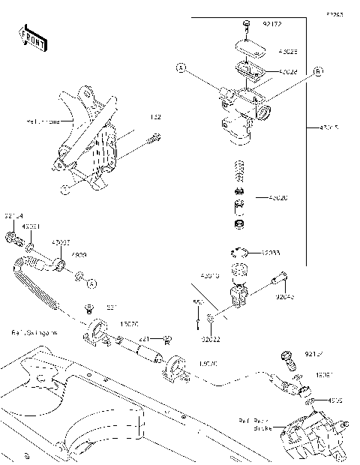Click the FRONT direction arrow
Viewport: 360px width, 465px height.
click(x=32, y=37)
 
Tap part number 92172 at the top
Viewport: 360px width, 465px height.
click(x=272, y=25)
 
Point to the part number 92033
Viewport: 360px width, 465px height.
click(x=272, y=253)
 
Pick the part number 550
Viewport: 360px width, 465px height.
click(x=196, y=303)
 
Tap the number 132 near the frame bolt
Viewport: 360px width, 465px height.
click(x=155, y=118)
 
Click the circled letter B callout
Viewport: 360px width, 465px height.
click(x=317, y=71)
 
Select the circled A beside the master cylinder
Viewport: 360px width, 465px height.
click(x=180, y=68)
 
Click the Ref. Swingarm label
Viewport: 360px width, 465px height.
click(x=31, y=331)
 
